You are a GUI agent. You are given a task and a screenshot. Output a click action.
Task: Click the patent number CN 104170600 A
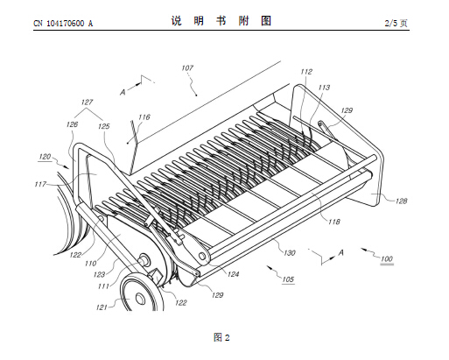tap(63, 24)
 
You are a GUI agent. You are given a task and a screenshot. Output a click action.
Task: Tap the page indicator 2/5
tap(391, 23)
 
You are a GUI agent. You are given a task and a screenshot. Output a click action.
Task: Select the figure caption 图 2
tap(221, 337)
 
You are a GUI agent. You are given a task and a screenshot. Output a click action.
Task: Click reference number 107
tap(187, 68)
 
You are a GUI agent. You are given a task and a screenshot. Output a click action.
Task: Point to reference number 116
tap(144, 117)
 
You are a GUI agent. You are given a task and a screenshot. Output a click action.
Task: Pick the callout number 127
tap(87, 102)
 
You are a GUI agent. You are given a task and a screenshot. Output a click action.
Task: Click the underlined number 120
tap(45, 157)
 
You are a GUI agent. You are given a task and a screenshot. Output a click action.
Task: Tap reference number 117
tap(40, 184)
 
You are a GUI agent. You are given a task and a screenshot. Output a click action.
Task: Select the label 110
tap(90, 264)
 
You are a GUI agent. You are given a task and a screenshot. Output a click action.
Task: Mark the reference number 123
tap(99, 275)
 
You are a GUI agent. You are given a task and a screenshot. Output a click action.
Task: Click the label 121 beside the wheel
tap(102, 307)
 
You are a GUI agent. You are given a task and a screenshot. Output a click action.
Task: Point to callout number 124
tap(233, 274)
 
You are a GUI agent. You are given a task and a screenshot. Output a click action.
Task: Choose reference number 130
tap(290, 253)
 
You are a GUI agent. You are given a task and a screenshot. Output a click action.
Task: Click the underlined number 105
tap(288, 279)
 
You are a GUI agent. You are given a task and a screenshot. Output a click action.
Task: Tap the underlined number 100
tap(387, 258)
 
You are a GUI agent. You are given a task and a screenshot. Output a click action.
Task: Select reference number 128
tap(401, 201)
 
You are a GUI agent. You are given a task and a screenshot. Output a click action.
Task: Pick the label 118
tap(334, 222)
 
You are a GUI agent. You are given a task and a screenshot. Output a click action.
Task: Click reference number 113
tap(324, 88)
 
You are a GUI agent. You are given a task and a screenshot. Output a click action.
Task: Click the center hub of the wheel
tap(140, 298)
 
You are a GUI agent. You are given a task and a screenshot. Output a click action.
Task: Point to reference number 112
tap(306, 72)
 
